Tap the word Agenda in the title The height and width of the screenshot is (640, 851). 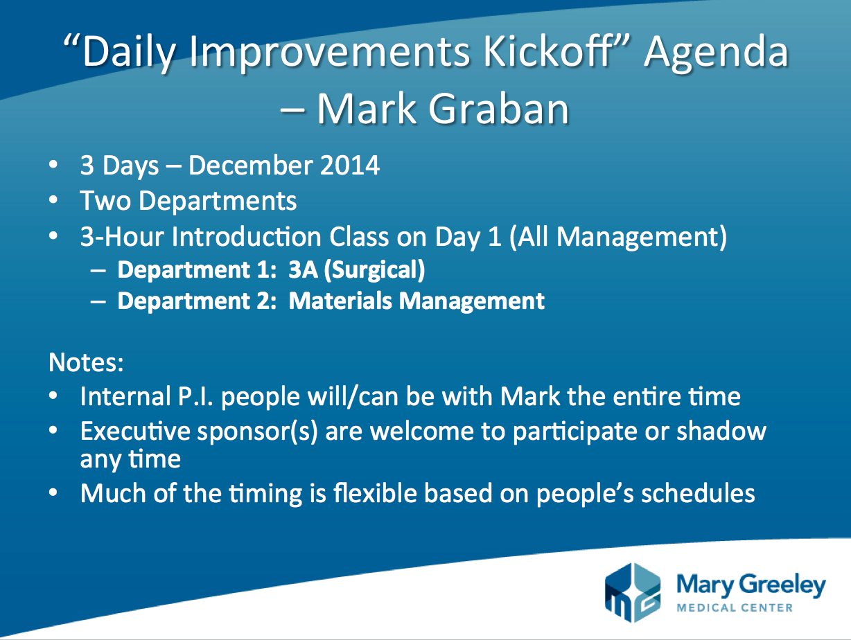click(x=716, y=54)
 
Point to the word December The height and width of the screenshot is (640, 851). click(x=251, y=166)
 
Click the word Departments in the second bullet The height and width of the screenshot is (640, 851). click(x=218, y=201)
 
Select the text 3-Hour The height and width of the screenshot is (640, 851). click(x=122, y=236)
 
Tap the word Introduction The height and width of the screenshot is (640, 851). click(x=247, y=236)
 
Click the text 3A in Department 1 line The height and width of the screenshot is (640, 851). click(x=303, y=269)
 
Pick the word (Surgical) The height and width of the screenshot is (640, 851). click(x=375, y=270)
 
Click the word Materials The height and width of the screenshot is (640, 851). click(x=340, y=301)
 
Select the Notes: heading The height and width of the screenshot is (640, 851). click(x=86, y=363)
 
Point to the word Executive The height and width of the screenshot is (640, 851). click(x=135, y=431)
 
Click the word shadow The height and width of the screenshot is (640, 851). click(x=721, y=431)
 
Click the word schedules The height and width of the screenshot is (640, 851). click(x=698, y=492)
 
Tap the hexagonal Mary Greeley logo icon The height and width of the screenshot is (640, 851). click(x=632, y=592)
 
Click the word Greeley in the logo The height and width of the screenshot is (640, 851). click(x=782, y=586)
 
